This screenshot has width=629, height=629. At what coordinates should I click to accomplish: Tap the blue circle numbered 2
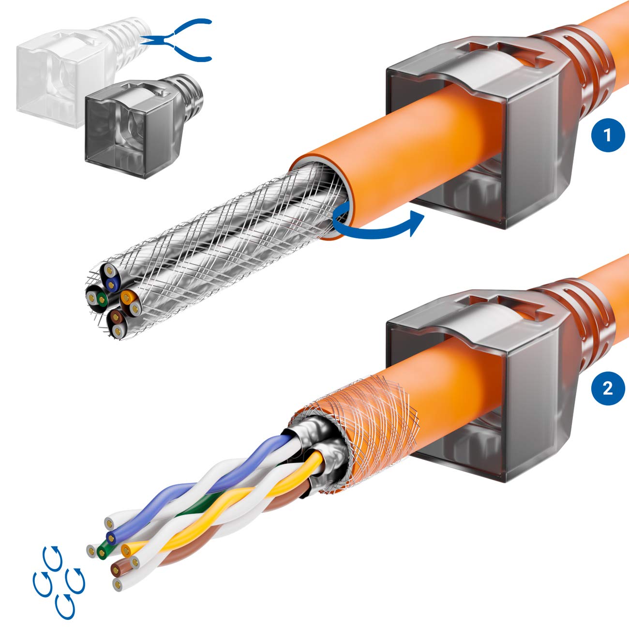point(608,388)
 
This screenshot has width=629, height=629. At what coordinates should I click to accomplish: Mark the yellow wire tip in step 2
point(127,549)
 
